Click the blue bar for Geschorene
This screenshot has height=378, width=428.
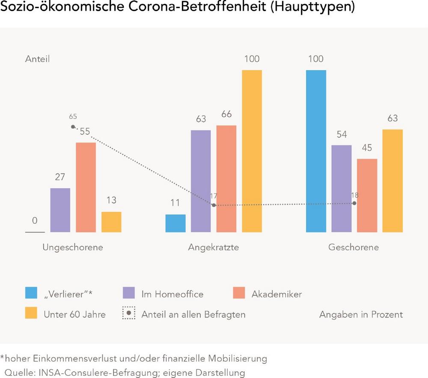pyautogui.click(x=316, y=151)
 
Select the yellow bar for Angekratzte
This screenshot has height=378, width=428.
pyautogui.click(x=252, y=151)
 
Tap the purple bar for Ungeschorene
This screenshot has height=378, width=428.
pyautogui.click(x=60, y=210)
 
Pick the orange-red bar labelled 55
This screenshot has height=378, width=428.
pyautogui.click(x=86, y=187)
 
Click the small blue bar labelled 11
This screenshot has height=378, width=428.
pyautogui.click(x=175, y=223)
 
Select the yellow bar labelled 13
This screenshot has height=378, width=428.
pyautogui.click(x=111, y=222)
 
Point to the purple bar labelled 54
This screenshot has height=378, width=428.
pyautogui.click(x=342, y=189)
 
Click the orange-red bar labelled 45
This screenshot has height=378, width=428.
pyautogui.click(x=367, y=195)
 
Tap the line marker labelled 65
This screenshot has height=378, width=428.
pyautogui.click(x=73, y=127)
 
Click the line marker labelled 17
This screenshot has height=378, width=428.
pyautogui.click(x=214, y=205)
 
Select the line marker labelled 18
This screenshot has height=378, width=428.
pyautogui.click(x=354, y=204)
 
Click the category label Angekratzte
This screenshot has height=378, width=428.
pyautogui.click(x=214, y=248)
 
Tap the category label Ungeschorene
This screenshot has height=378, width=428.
pyautogui.click(x=73, y=248)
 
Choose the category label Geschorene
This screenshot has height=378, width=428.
pyautogui.click(x=354, y=248)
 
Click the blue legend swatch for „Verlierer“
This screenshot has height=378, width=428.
pyautogui.click(x=31, y=293)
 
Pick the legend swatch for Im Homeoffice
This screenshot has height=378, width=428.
pyautogui.click(x=129, y=293)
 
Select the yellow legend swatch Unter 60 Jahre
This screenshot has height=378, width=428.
pyautogui.click(x=31, y=313)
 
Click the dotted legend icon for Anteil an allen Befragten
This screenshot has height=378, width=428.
pyautogui.click(x=129, y=313)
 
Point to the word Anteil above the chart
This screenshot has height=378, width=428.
pyautogui.click(x=37, y=59)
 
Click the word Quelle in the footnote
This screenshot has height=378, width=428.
pyautogui.click(x=18, y=372)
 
